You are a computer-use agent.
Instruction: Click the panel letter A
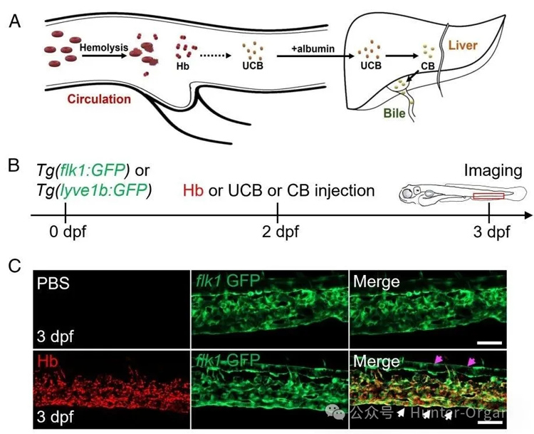click(x=14, y=21)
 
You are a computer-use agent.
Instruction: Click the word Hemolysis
click(x=104, y=48)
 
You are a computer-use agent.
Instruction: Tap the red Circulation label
click(x=99, y=100)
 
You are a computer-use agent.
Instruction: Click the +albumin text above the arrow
click(x=310, y=48)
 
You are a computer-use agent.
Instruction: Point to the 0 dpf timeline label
click(x=65, y=232)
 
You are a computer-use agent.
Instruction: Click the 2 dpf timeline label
click(x=277, y=232)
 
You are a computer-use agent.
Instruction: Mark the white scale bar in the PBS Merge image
click(x=490, y=343)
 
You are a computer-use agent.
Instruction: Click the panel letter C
click(x=14, y=267)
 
